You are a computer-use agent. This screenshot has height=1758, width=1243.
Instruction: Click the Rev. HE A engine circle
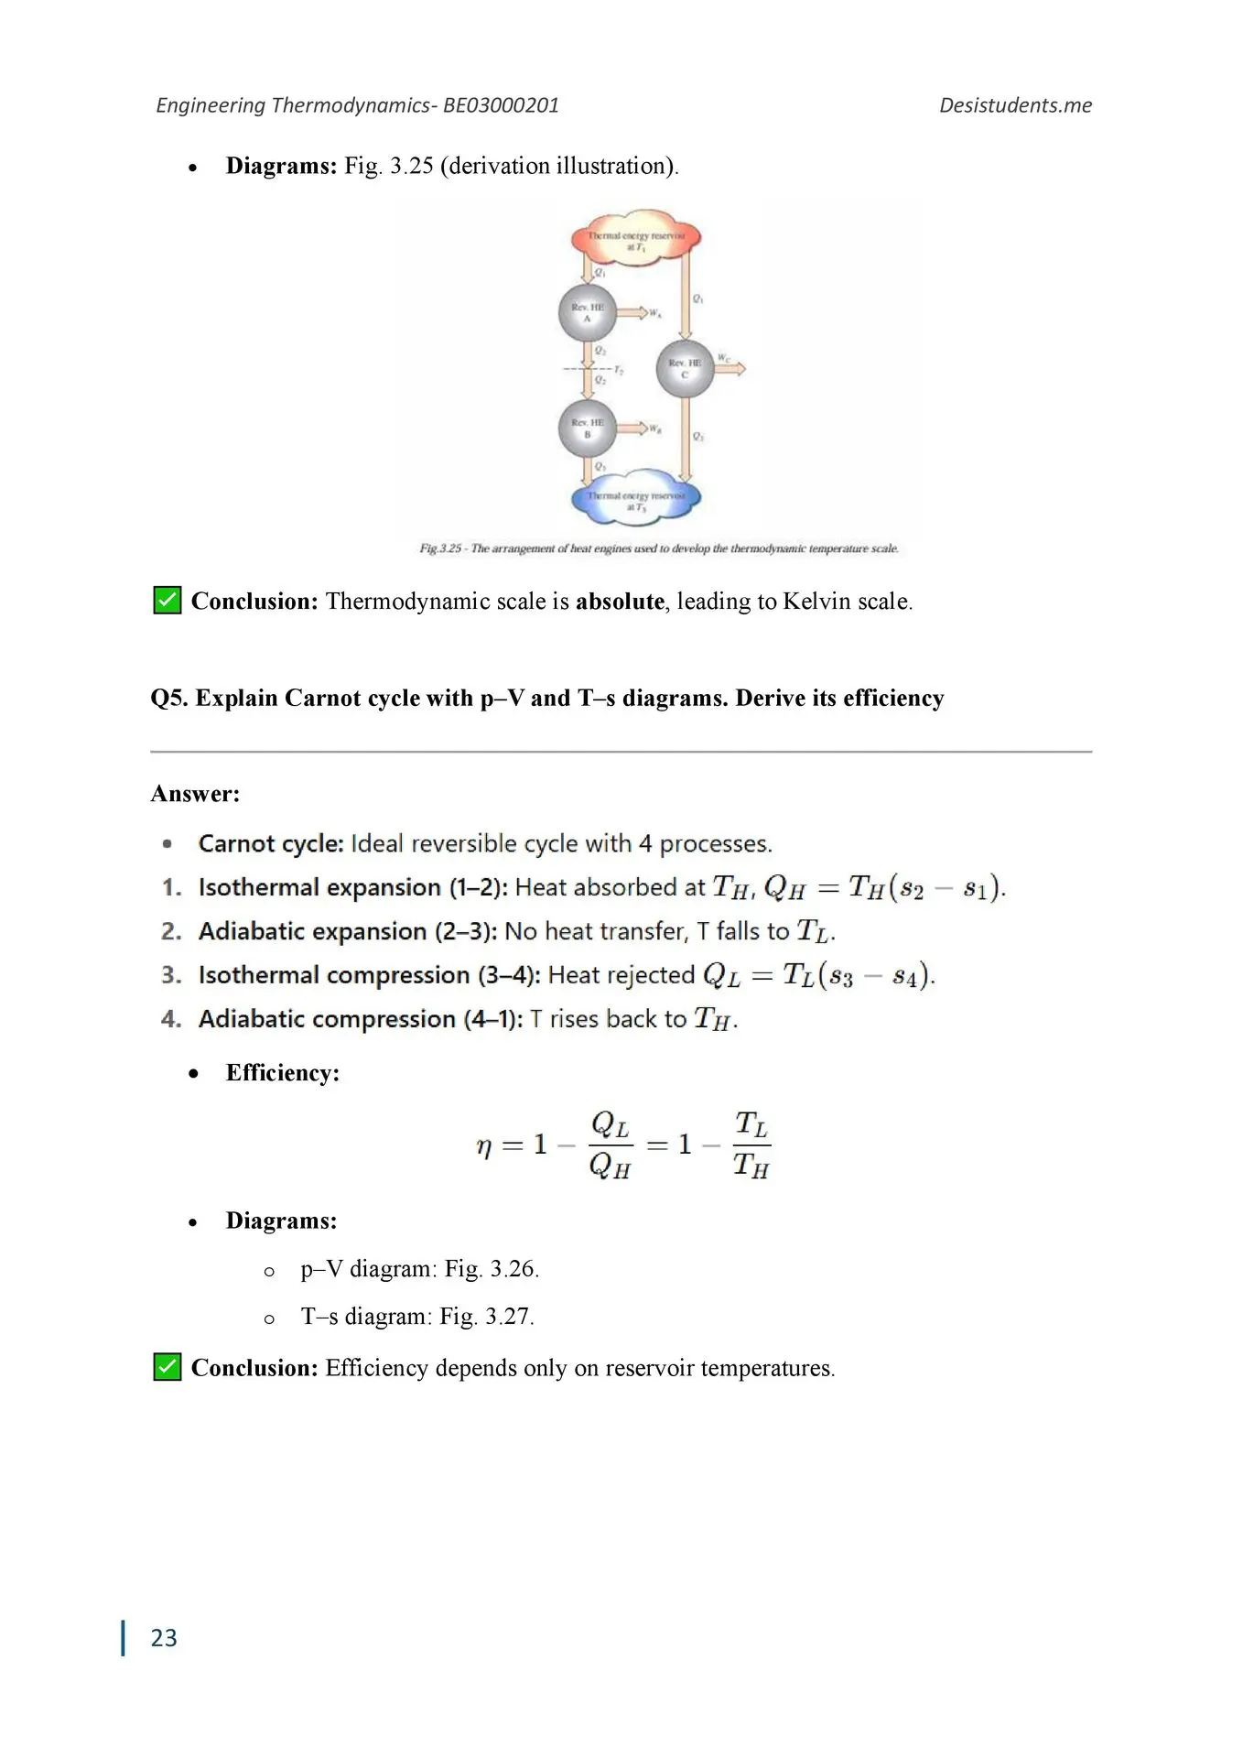587,313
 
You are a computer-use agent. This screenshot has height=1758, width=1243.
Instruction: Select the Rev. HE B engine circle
587,428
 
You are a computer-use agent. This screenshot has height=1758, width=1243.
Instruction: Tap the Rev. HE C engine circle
684,368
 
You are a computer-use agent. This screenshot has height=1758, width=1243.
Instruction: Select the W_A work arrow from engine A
632,313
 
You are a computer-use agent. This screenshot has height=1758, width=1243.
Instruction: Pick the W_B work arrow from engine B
632,428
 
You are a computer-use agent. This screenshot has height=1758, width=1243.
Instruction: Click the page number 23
164,1637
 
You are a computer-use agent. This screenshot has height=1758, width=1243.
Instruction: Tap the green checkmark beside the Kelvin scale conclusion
167,601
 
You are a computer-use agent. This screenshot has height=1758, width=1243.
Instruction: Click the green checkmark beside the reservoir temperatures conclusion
167,1367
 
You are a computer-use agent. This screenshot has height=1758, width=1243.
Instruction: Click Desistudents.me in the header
1015,105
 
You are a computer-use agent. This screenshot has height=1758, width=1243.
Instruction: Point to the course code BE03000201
501,105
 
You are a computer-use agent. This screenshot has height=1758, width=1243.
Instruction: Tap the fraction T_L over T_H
751,1145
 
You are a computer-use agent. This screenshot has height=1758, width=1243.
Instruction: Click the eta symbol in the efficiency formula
484,1145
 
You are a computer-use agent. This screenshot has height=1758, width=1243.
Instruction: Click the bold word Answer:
195,793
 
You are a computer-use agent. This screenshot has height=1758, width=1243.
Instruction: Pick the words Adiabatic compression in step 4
327,1018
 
